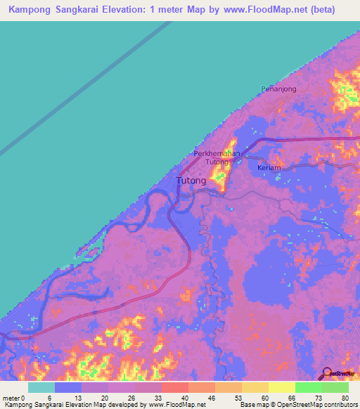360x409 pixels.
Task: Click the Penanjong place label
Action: click(278, 89)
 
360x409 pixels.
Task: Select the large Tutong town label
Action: click(191, 181)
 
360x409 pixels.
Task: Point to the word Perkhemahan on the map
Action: click(217, 154)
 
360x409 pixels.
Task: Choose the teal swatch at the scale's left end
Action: click(41, 387)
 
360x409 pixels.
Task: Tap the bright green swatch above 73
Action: click(309, 387)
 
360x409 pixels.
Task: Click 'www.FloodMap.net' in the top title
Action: click(266, 10)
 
